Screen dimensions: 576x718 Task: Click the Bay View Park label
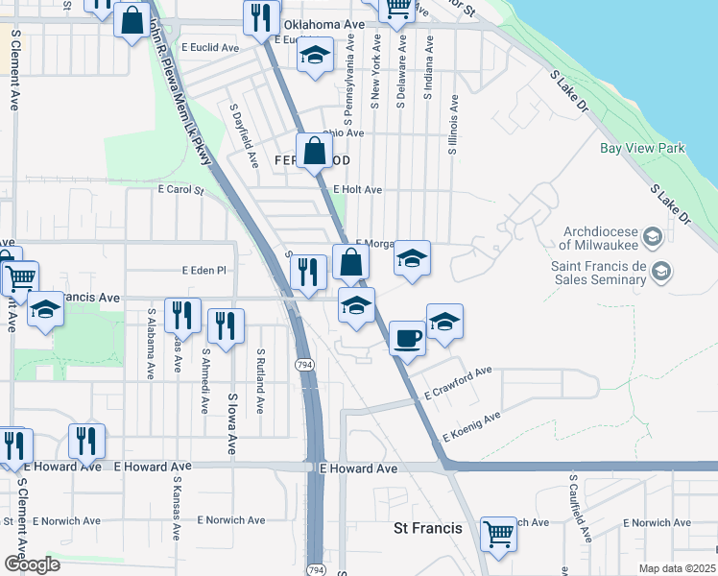[x=642, y=149]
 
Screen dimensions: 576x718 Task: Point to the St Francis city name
[x=428, y=528]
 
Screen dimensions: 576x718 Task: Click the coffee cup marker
[x=408, y=338]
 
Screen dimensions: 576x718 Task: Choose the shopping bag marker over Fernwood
[x=314, y=151]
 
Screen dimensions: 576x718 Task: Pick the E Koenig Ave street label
[x=471, y=427]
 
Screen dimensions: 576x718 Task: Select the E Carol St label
[x=181, y=190]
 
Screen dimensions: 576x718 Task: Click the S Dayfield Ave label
[x=244, y=135]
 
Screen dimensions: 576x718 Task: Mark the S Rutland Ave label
[x=260, y=381]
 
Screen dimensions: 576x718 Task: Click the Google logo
[x=32, y=564]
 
